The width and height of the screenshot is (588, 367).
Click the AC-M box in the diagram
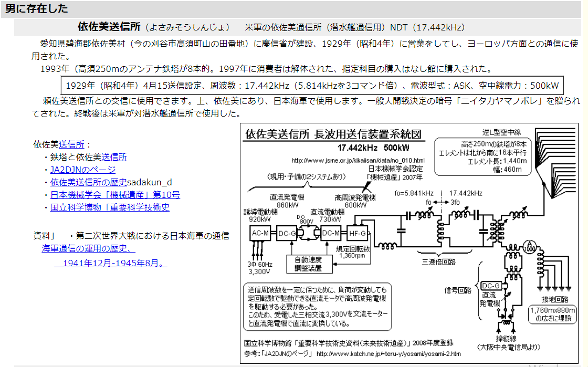[259, 234]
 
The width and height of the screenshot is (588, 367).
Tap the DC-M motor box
[331, 234]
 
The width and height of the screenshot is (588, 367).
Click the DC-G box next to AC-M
[287, 234]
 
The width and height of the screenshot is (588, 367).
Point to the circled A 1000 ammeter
[531, 244]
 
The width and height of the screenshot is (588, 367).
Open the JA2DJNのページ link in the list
[83, 170]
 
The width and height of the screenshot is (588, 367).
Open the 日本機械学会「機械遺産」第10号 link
[115, 195]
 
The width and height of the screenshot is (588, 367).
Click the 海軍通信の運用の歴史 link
[88, 249]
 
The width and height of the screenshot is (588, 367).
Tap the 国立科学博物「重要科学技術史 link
[110, 207]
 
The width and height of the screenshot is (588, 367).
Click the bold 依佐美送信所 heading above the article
[109, 27]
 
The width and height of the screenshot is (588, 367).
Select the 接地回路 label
[555, 300]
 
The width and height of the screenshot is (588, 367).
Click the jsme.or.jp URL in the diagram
[358, 160]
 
